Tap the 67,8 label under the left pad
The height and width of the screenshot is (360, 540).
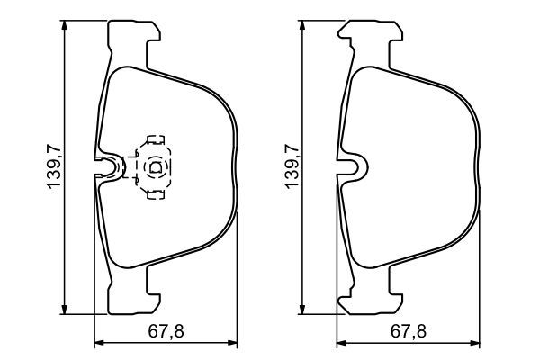click(x=166, y=330)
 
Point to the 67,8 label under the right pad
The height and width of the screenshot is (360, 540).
click(x=406, y=330)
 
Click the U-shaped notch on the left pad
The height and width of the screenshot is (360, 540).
click(x=111, y=166)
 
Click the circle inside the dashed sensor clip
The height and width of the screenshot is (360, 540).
click(x=152, y=166)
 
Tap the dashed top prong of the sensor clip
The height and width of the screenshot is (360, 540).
click(x=154, y=140)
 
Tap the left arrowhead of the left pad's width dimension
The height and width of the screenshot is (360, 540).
click(x=100, y=342)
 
